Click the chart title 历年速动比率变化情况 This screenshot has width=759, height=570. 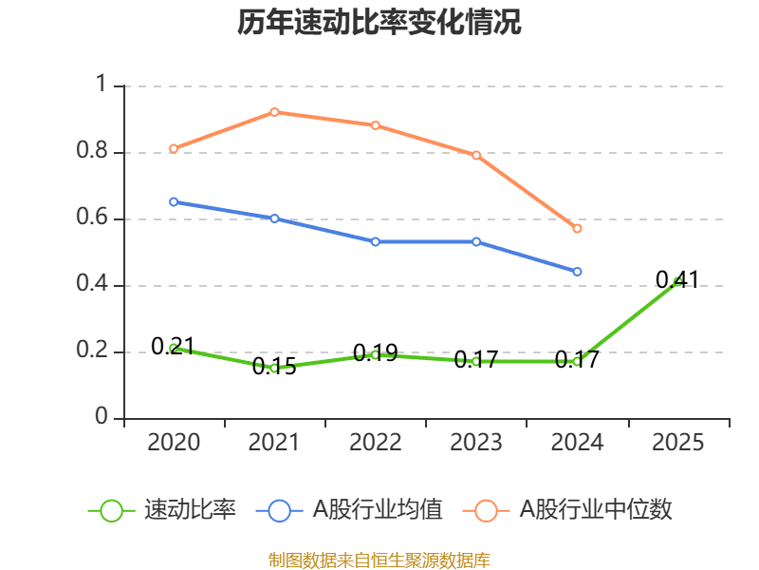tap(379, 23)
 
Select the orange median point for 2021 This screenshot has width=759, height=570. tap(274, 112)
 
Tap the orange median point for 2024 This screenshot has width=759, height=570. tap(577, 228)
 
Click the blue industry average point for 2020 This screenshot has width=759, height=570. tap(174, 201)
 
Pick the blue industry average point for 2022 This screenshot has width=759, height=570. tap(376, 241)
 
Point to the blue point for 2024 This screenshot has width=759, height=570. tap(577, 272)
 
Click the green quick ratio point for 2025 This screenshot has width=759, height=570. tap(677, 281)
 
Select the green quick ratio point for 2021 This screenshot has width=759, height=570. tap(274, 368)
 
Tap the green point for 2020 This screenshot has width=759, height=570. tap(174, 349)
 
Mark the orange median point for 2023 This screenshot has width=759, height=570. tap(476, 155)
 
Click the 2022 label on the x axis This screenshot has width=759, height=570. tap(376, 443)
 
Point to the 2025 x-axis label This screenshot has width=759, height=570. tap(677, 443)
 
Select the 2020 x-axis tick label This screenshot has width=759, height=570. tap(174, 443)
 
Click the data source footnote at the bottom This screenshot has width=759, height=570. tap(379, 560)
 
